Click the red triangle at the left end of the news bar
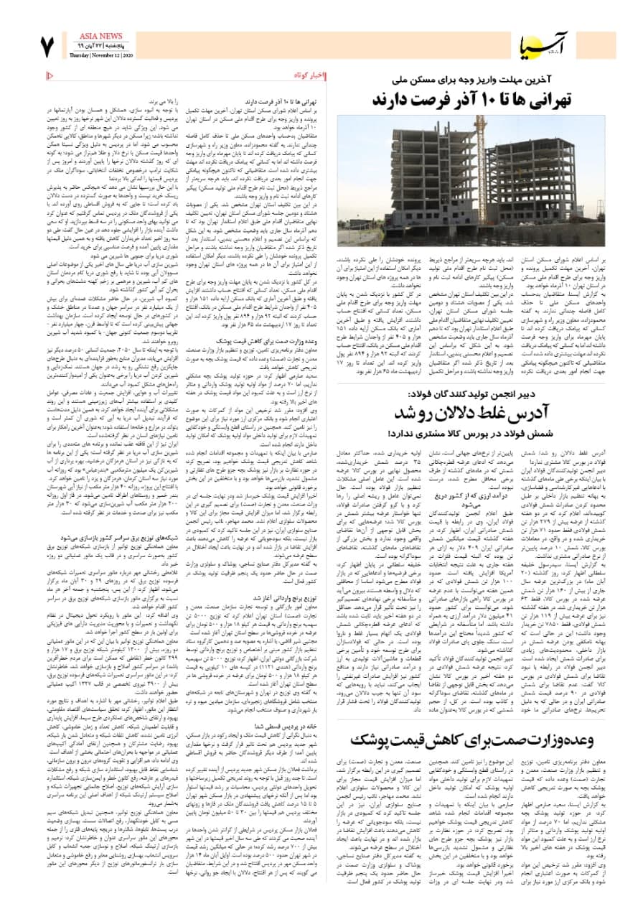49,74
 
